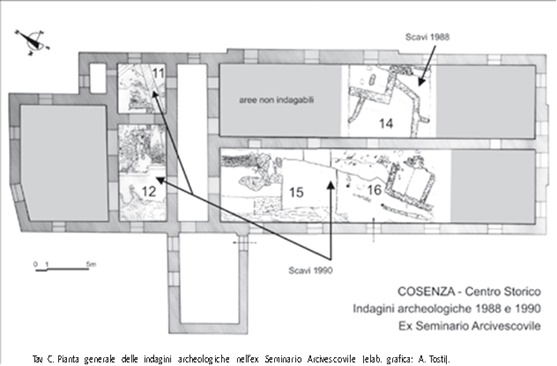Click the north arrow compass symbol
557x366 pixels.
coord(32,42)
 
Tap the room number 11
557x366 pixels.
coord(158,73)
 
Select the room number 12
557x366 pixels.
coord(149,192)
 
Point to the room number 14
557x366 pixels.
coord(386,124)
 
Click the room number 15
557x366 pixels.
coord(296,193)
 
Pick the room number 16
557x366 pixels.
coord(374,190)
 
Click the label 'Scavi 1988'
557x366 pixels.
coord(427,37)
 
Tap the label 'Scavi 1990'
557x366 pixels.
coord(310,270)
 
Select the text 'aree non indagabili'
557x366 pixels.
coord(276,100)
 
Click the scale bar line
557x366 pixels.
coord(62,269)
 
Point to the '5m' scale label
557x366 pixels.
coord(91,264)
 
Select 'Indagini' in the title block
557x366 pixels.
coord(374,308)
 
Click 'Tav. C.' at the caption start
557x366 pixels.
coord(44,359)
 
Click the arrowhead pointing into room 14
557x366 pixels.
coord(421,81)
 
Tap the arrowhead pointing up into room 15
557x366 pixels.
coord(331,186)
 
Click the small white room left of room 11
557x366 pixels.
coord(98,78)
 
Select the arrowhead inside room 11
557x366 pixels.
coord(154,95)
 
